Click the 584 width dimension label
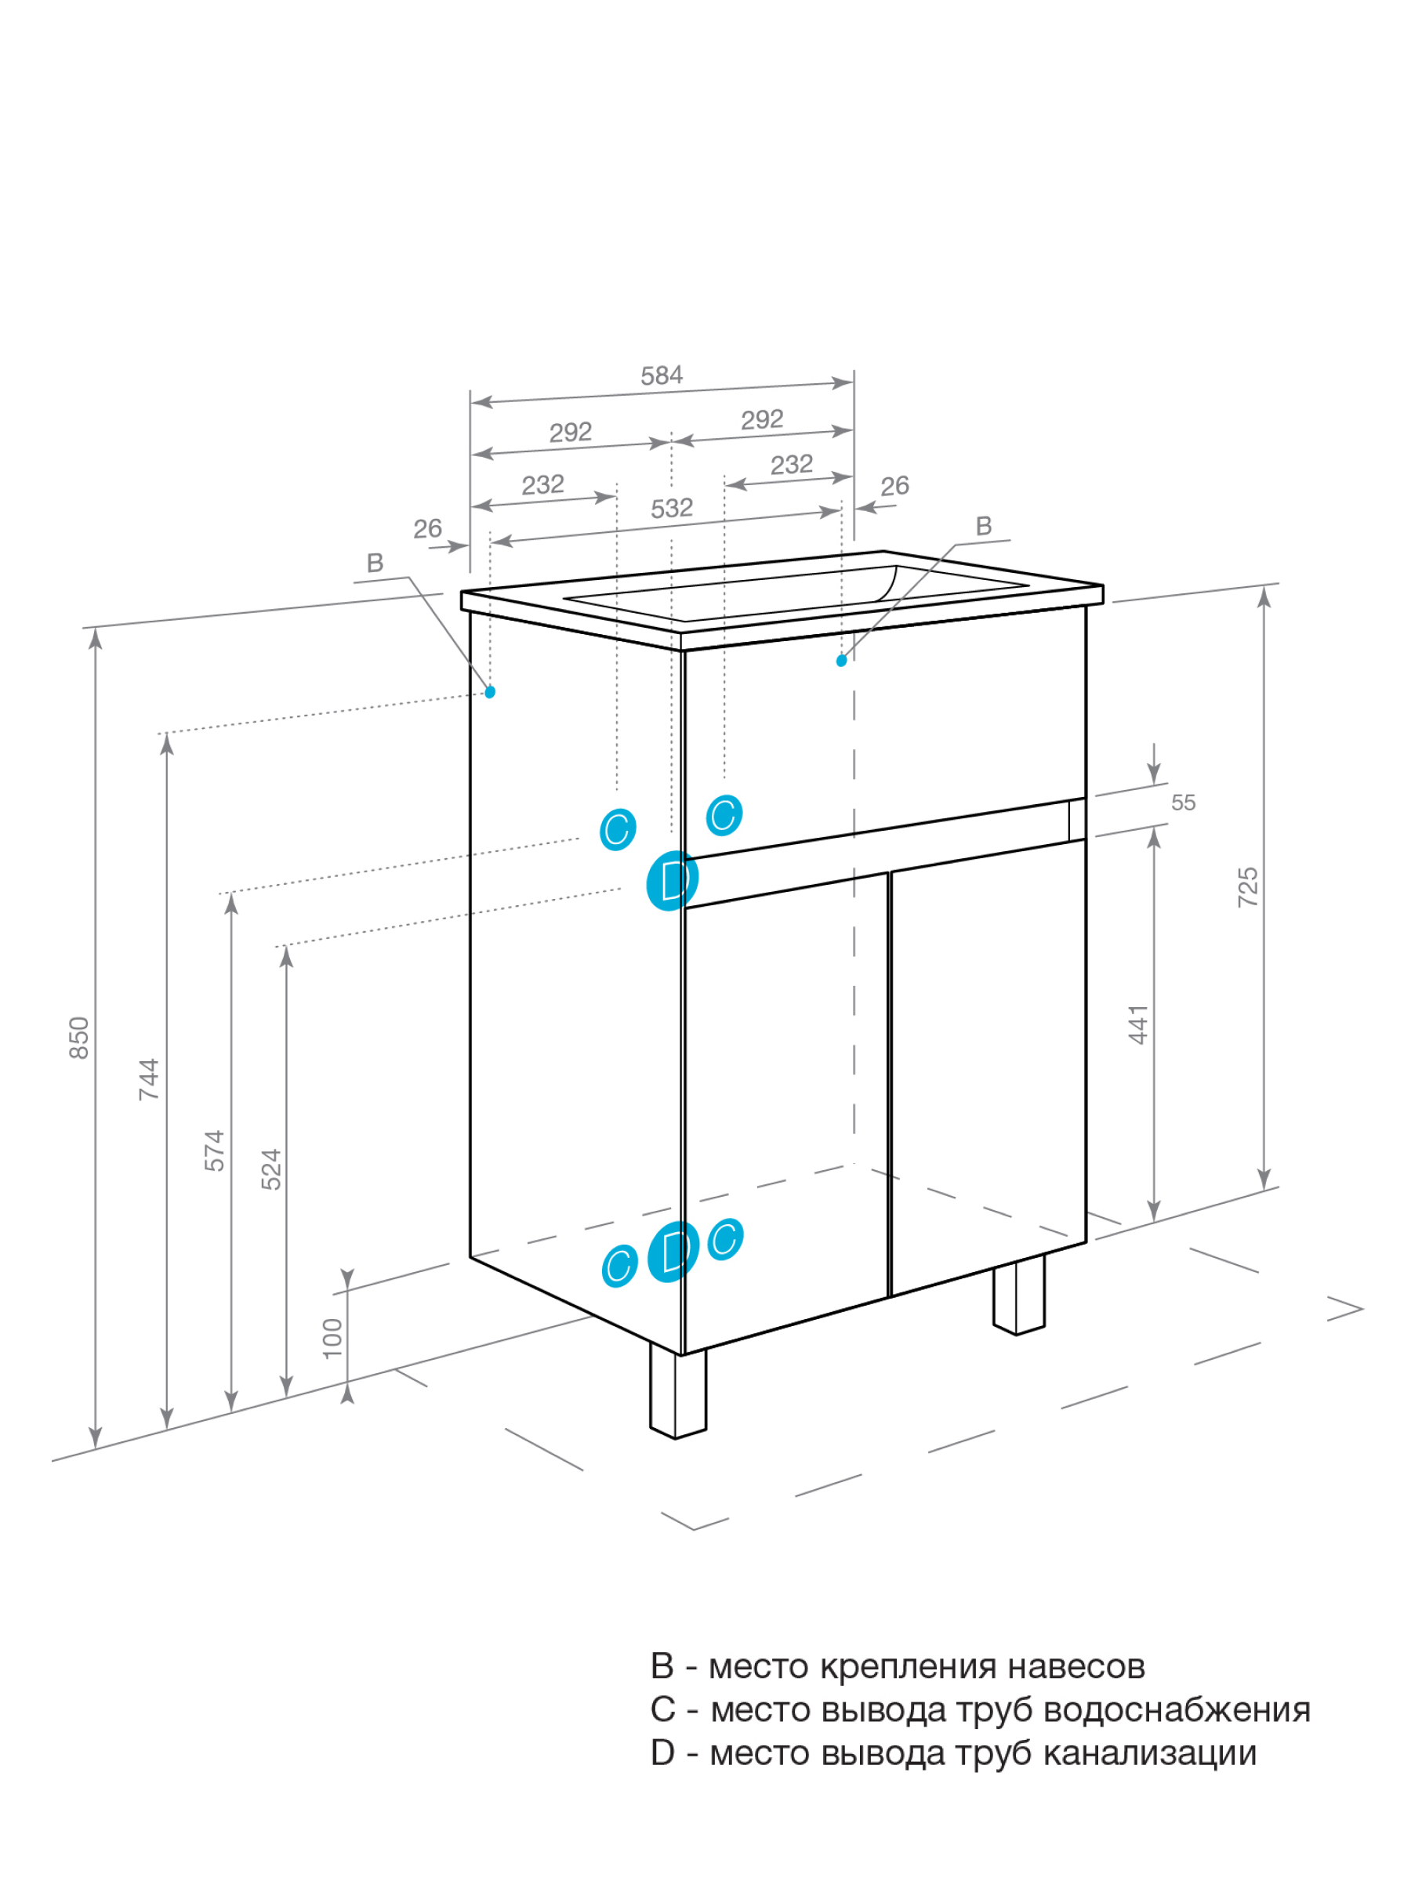[661, 375]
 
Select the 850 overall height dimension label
[78, 1038]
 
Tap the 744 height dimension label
[149, 1079]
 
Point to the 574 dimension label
[214, 1151]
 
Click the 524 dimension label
[270, 1169]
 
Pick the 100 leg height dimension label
[332, 1338]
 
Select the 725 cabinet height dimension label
[1247, 887]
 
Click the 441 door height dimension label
[1137, 1024]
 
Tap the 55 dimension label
[1183, 802]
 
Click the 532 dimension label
[672, 509]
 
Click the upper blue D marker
[672, 880]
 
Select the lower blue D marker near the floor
[673, 1251]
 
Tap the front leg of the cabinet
[678, 1390]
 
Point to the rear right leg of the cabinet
[1019, 1294]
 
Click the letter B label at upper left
[375, 563]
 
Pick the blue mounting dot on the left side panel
[490, 692]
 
